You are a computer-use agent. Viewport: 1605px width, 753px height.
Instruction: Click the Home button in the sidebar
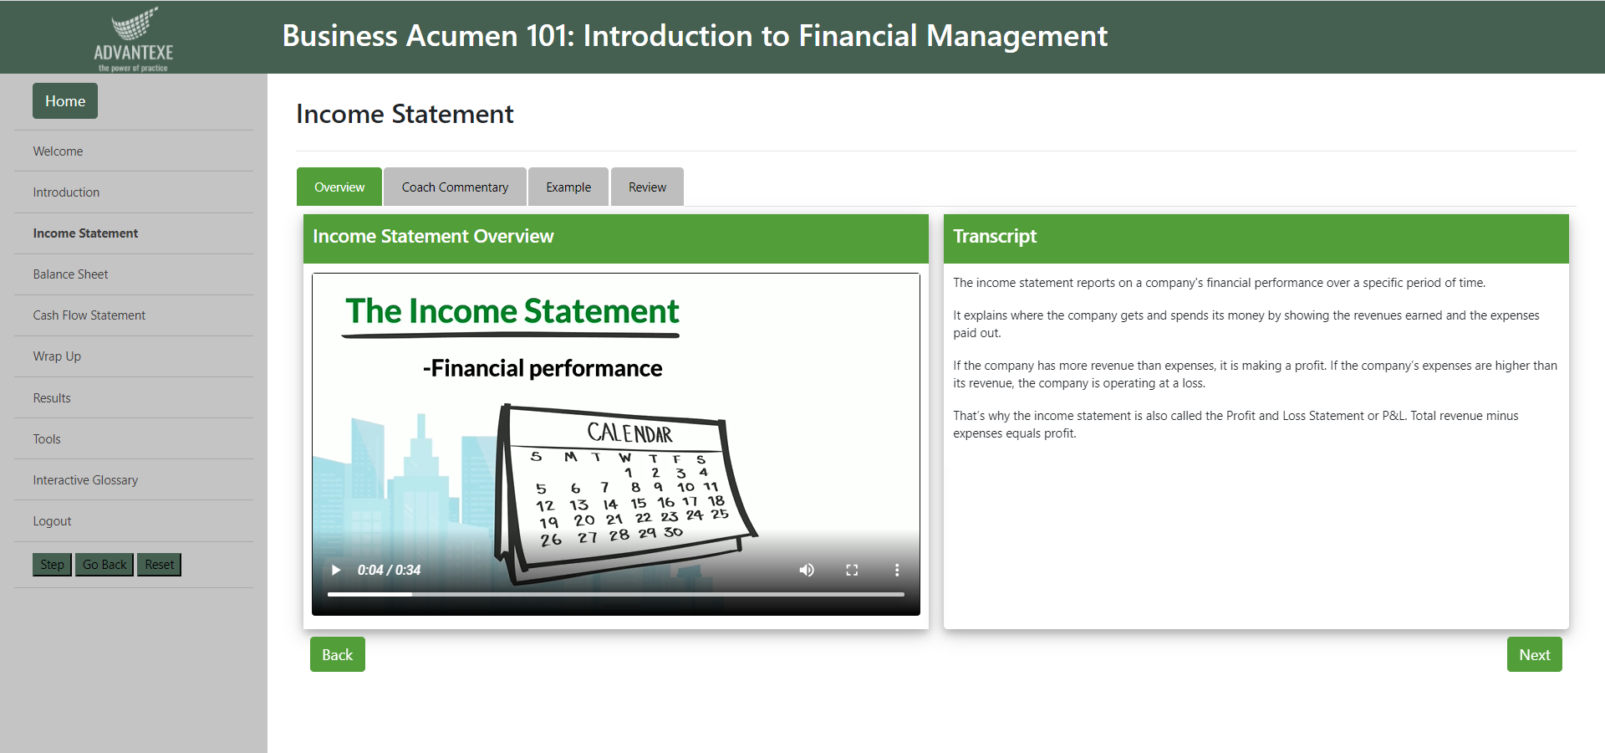coord(65,101)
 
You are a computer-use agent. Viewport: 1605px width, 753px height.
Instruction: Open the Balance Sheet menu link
coord(70,274)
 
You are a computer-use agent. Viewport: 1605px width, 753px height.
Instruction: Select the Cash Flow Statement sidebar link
coord(89,315)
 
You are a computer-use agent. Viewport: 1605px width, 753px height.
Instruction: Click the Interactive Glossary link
coord(85,480)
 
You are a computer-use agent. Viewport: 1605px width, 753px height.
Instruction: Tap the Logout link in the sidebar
coord(52,521)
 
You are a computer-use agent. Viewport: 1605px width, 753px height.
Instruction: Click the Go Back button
coord(104,565)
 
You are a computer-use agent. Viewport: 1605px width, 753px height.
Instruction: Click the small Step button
coord(52,565)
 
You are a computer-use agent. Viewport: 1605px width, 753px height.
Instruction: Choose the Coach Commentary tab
coord(455,187)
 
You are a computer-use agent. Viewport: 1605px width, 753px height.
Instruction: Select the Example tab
coord(568,187)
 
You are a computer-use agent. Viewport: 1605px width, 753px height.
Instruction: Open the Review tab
coord(647,187)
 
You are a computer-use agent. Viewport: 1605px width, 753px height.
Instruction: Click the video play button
coord(336,570)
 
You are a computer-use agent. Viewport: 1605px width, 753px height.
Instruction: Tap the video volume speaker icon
coord(807,570)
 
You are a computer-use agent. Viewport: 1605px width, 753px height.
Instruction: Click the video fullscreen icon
coord(852,570)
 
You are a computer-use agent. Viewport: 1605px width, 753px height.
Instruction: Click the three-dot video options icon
coord(897,570)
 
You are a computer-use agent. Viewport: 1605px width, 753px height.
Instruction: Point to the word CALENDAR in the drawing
coord(629,433)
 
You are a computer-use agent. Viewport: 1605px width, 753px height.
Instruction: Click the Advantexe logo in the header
coord(133,38)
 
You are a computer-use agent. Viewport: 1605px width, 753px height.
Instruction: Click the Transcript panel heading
coord(995,237)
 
